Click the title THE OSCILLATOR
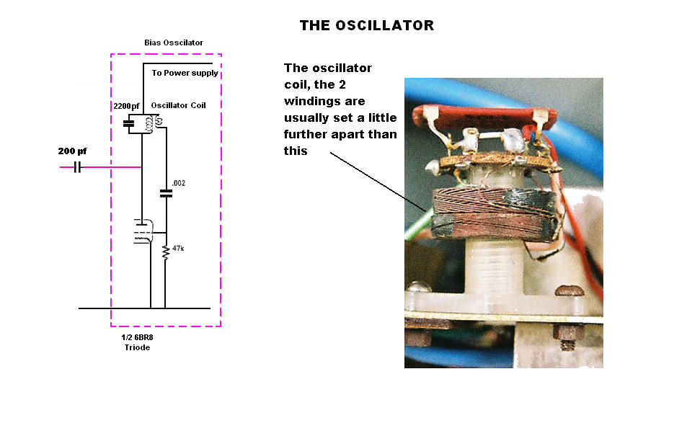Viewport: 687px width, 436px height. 366,26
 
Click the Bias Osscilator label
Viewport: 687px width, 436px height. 174,43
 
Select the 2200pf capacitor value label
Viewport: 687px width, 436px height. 128,106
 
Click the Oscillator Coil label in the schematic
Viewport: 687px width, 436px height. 178,106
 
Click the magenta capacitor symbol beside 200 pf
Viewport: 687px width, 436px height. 77,168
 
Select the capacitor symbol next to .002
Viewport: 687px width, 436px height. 166,193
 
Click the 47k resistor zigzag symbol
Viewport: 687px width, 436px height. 165,252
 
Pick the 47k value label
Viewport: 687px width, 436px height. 178,248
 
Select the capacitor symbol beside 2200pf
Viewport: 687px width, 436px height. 130,125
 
